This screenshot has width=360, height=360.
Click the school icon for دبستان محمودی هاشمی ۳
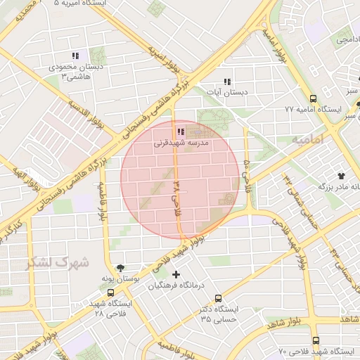(75, 56)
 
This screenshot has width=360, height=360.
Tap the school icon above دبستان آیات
(226, 81)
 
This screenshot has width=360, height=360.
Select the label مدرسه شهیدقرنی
(176, 142)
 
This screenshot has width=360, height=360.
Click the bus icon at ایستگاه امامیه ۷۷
(313, 99)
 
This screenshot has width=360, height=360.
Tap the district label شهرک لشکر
(58, 262)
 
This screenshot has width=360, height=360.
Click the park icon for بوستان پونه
(120, 268)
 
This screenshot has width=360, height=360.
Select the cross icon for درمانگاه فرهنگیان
(176, 274)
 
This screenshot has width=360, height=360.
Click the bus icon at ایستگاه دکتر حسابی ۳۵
(218, 298)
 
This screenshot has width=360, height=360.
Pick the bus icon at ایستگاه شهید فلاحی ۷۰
(314, 340)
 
